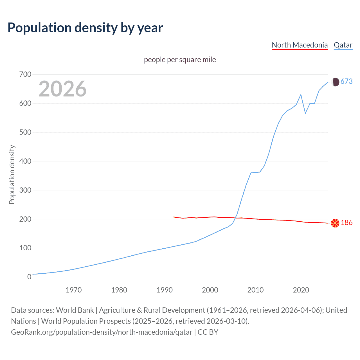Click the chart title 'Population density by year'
pos(85,28)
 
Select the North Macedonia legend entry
pos(300,45)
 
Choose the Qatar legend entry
pos(343,45)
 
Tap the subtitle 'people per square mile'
pos(180,60)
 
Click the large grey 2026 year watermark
pos(62,89)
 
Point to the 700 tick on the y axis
pos(25,75)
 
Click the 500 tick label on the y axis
pos(25,132)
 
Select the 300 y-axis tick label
pos(25,190)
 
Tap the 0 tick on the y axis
pos(29,277)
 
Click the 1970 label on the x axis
pos(74,290)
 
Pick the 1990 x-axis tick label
pos(165,290)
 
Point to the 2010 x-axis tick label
pos(255,290)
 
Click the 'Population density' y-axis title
pos(12,174)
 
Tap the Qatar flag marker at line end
pos(335,82)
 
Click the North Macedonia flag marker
pos(335,223)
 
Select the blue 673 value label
pos(346,82)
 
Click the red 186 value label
pos(346,223)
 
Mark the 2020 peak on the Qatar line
pos(301,94)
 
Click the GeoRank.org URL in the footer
pos(102,332)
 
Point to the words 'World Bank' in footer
pos(75,310)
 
